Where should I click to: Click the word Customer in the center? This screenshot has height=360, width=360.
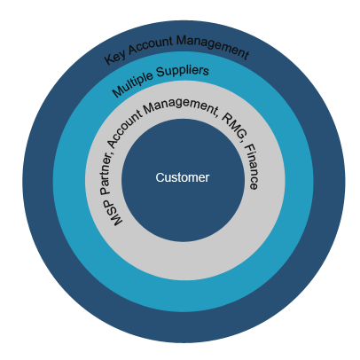tap(183, 177)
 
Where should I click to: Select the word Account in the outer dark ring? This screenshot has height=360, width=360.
tap(151, 45)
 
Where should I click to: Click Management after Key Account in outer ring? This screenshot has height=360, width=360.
tap(213, 46)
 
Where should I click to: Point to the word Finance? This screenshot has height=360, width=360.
tap(252, 167)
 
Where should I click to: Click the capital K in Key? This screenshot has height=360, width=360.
tap(108, 59)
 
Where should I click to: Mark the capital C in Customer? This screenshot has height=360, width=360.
tap(160, 177)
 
